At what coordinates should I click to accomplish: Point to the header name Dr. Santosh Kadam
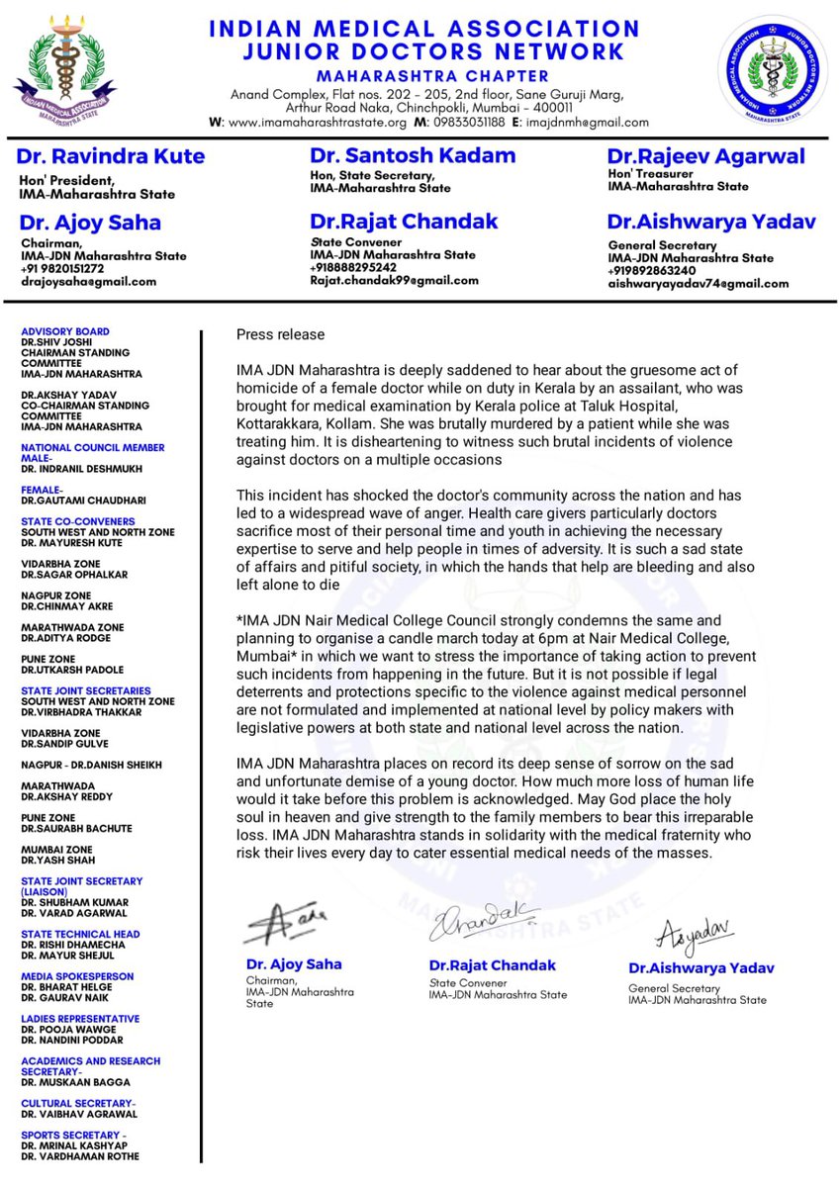coord(413,155)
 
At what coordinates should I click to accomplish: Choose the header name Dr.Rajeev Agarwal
coord(705,156)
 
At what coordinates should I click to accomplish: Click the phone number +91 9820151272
coord(65,268)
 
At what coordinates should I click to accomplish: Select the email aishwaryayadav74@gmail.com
coord(699,283)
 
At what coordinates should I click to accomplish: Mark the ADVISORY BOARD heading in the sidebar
coord(65,331)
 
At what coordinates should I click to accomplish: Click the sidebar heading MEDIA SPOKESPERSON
coord(77,976)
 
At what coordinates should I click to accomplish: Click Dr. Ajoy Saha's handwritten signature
coord(278,925)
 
